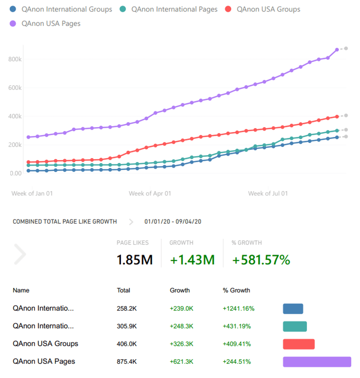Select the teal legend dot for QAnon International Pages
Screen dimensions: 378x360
pos(123,9)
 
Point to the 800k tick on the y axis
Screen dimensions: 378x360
pos(15,59)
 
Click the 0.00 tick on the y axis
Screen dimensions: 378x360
pos(16,173)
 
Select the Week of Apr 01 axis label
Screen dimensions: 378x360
pos(150,193)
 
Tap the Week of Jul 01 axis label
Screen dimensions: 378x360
pos(268,193)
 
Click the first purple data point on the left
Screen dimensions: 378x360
pos(28,137)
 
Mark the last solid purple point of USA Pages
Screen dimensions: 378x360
pos(337,50)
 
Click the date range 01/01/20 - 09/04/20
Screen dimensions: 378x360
pos(173,222)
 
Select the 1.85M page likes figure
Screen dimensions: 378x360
pos(135,260)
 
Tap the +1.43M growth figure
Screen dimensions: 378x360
pos(192,260)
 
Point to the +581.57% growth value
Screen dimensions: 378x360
pos(261,260)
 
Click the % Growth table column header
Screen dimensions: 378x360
pos(236,290)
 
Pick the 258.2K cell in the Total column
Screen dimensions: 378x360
pos(127,308)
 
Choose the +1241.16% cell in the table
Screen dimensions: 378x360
pos(238,308)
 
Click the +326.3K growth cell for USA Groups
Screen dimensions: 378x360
pos(181,344)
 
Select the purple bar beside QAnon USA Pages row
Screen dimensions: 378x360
pos(317,362)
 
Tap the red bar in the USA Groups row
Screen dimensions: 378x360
pos(298,344)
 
